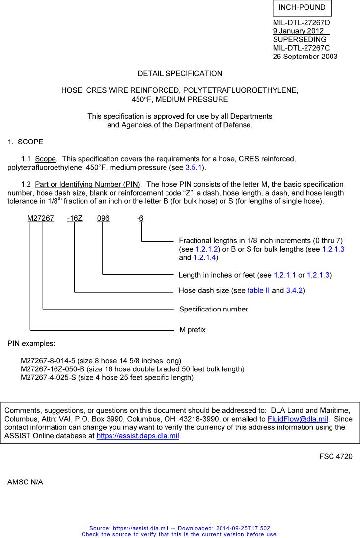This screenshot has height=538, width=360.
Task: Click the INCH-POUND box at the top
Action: pos(302,8)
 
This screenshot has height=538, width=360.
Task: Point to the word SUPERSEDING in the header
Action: pos(300,39)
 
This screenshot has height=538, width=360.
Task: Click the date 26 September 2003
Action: pos(305,57)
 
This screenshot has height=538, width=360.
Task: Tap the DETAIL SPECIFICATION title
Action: pos(180,73)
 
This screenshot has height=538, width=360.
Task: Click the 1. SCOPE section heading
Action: pos(26,142)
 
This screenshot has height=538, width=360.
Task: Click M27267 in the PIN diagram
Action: pos(40,218)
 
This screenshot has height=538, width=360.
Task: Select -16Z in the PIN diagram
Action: pos(75,218)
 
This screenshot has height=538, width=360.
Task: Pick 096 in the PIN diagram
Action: pos(103,218)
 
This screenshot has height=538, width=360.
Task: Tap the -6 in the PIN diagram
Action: pos(140,218)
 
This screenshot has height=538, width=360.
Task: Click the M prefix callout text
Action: pos(193,330)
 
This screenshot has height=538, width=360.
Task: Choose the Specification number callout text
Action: pos(214,309)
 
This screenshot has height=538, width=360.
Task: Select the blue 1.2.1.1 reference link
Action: pos(285,275)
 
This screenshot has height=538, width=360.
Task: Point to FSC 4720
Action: pos(336,457)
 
